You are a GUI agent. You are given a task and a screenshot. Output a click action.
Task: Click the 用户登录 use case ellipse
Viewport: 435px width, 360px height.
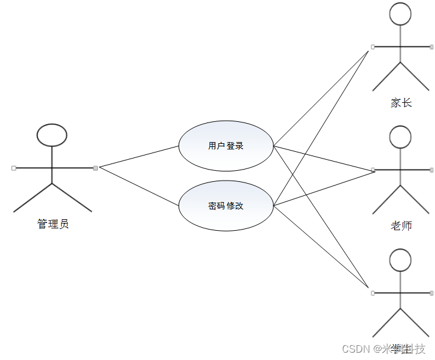point(226,146)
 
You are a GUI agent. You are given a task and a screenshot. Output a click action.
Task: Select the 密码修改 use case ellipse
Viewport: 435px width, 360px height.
point(226,206)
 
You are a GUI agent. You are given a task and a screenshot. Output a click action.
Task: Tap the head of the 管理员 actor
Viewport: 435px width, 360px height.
point(52,135)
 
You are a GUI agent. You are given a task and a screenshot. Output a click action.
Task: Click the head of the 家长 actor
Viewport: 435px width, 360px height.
point(400,14)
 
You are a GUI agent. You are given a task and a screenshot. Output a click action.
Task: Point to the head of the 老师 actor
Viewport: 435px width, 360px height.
point(400,137)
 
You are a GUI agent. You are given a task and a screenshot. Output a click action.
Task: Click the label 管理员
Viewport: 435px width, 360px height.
point(53,224)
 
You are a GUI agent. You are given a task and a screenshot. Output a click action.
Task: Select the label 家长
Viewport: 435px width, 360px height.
point(401,103)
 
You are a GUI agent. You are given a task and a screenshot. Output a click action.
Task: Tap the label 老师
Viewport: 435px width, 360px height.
point(401,226)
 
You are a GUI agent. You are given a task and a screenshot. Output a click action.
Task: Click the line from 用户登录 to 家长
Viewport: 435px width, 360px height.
point(321,97)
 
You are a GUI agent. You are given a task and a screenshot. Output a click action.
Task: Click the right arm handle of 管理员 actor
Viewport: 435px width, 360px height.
point(95,167)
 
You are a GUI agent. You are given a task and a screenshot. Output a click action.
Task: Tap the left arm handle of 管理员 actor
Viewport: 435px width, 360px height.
point(13,167)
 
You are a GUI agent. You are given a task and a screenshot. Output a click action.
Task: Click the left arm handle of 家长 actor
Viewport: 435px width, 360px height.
point(373,47)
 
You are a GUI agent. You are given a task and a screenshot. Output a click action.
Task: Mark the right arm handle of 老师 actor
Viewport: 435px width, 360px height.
point(431,169)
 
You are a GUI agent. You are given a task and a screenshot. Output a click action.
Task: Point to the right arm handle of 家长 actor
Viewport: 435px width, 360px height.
point(431,47)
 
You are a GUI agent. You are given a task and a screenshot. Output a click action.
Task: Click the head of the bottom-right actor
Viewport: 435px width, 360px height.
point(400,260)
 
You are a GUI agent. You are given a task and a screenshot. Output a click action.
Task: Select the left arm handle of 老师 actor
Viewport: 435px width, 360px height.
point(373,169)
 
